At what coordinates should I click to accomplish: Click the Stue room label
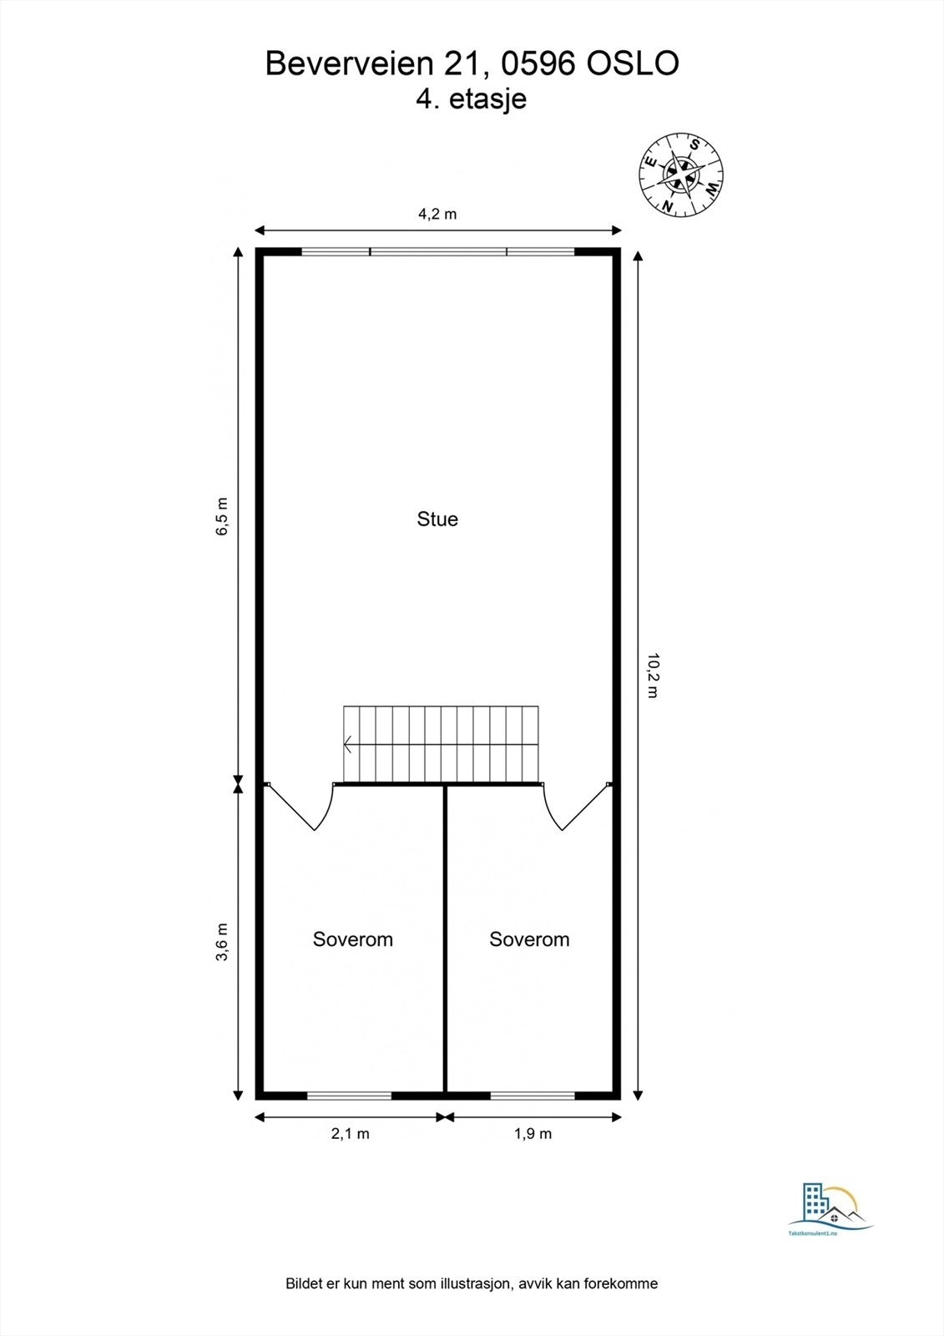coord(437,519)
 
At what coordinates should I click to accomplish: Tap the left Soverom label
coord(353,939)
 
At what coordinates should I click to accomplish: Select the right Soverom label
coord(529,939)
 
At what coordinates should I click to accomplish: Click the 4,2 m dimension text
coord(437,214)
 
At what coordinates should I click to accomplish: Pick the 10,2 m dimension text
coord(653,676)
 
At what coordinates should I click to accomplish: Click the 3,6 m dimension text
coord(222,943)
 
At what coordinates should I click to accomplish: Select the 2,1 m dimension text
coord(350,1134)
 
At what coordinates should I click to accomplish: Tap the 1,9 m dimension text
coord(533,1134)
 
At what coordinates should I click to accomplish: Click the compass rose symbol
coord(681,175)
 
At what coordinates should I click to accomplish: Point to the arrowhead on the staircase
coord(347,744)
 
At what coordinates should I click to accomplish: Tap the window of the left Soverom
coord(350,1096)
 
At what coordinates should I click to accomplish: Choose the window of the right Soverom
coord(533,1096)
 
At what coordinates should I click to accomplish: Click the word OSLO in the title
coord(633,63)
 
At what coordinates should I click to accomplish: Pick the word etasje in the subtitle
coord(487,99)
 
